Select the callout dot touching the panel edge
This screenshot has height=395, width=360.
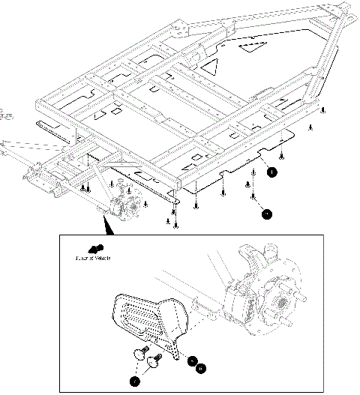[x=272, y=171]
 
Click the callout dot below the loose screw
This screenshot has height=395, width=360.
[x=266, y=214]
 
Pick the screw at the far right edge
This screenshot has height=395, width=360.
[x=322, y=110]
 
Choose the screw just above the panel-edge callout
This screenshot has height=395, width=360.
[x=279, y=157]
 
